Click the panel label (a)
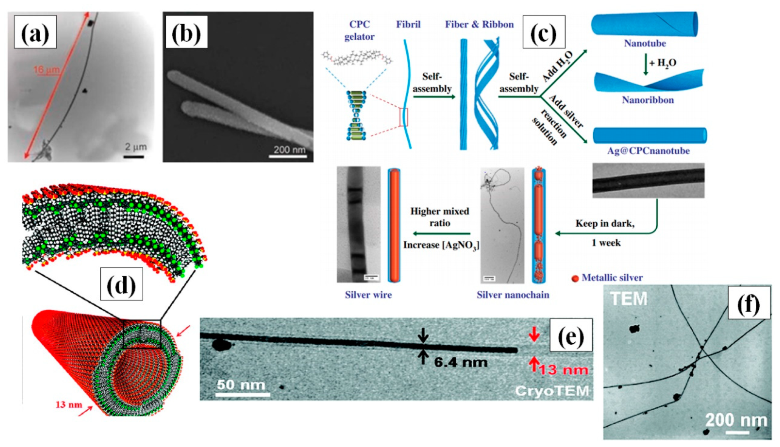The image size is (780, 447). tap(35, 32)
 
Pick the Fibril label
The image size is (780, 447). tap(408, 25)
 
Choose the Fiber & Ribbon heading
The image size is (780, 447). tap(479, 25)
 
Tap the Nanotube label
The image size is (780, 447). tap(644, 43)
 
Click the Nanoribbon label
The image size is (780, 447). tap(648, 100)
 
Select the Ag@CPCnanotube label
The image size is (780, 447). tap(648, 151)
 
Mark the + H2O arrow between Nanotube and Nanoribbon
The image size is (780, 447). tap(646, 64)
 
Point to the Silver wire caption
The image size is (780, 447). tap(368, 295)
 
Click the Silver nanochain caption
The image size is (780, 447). tap(512, 295)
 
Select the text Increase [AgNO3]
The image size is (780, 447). tap(441, 245)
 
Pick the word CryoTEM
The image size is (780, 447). tap(552, 391)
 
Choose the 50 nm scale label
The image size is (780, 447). tap(241, 384)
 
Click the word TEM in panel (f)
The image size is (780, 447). tap(628, 299)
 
